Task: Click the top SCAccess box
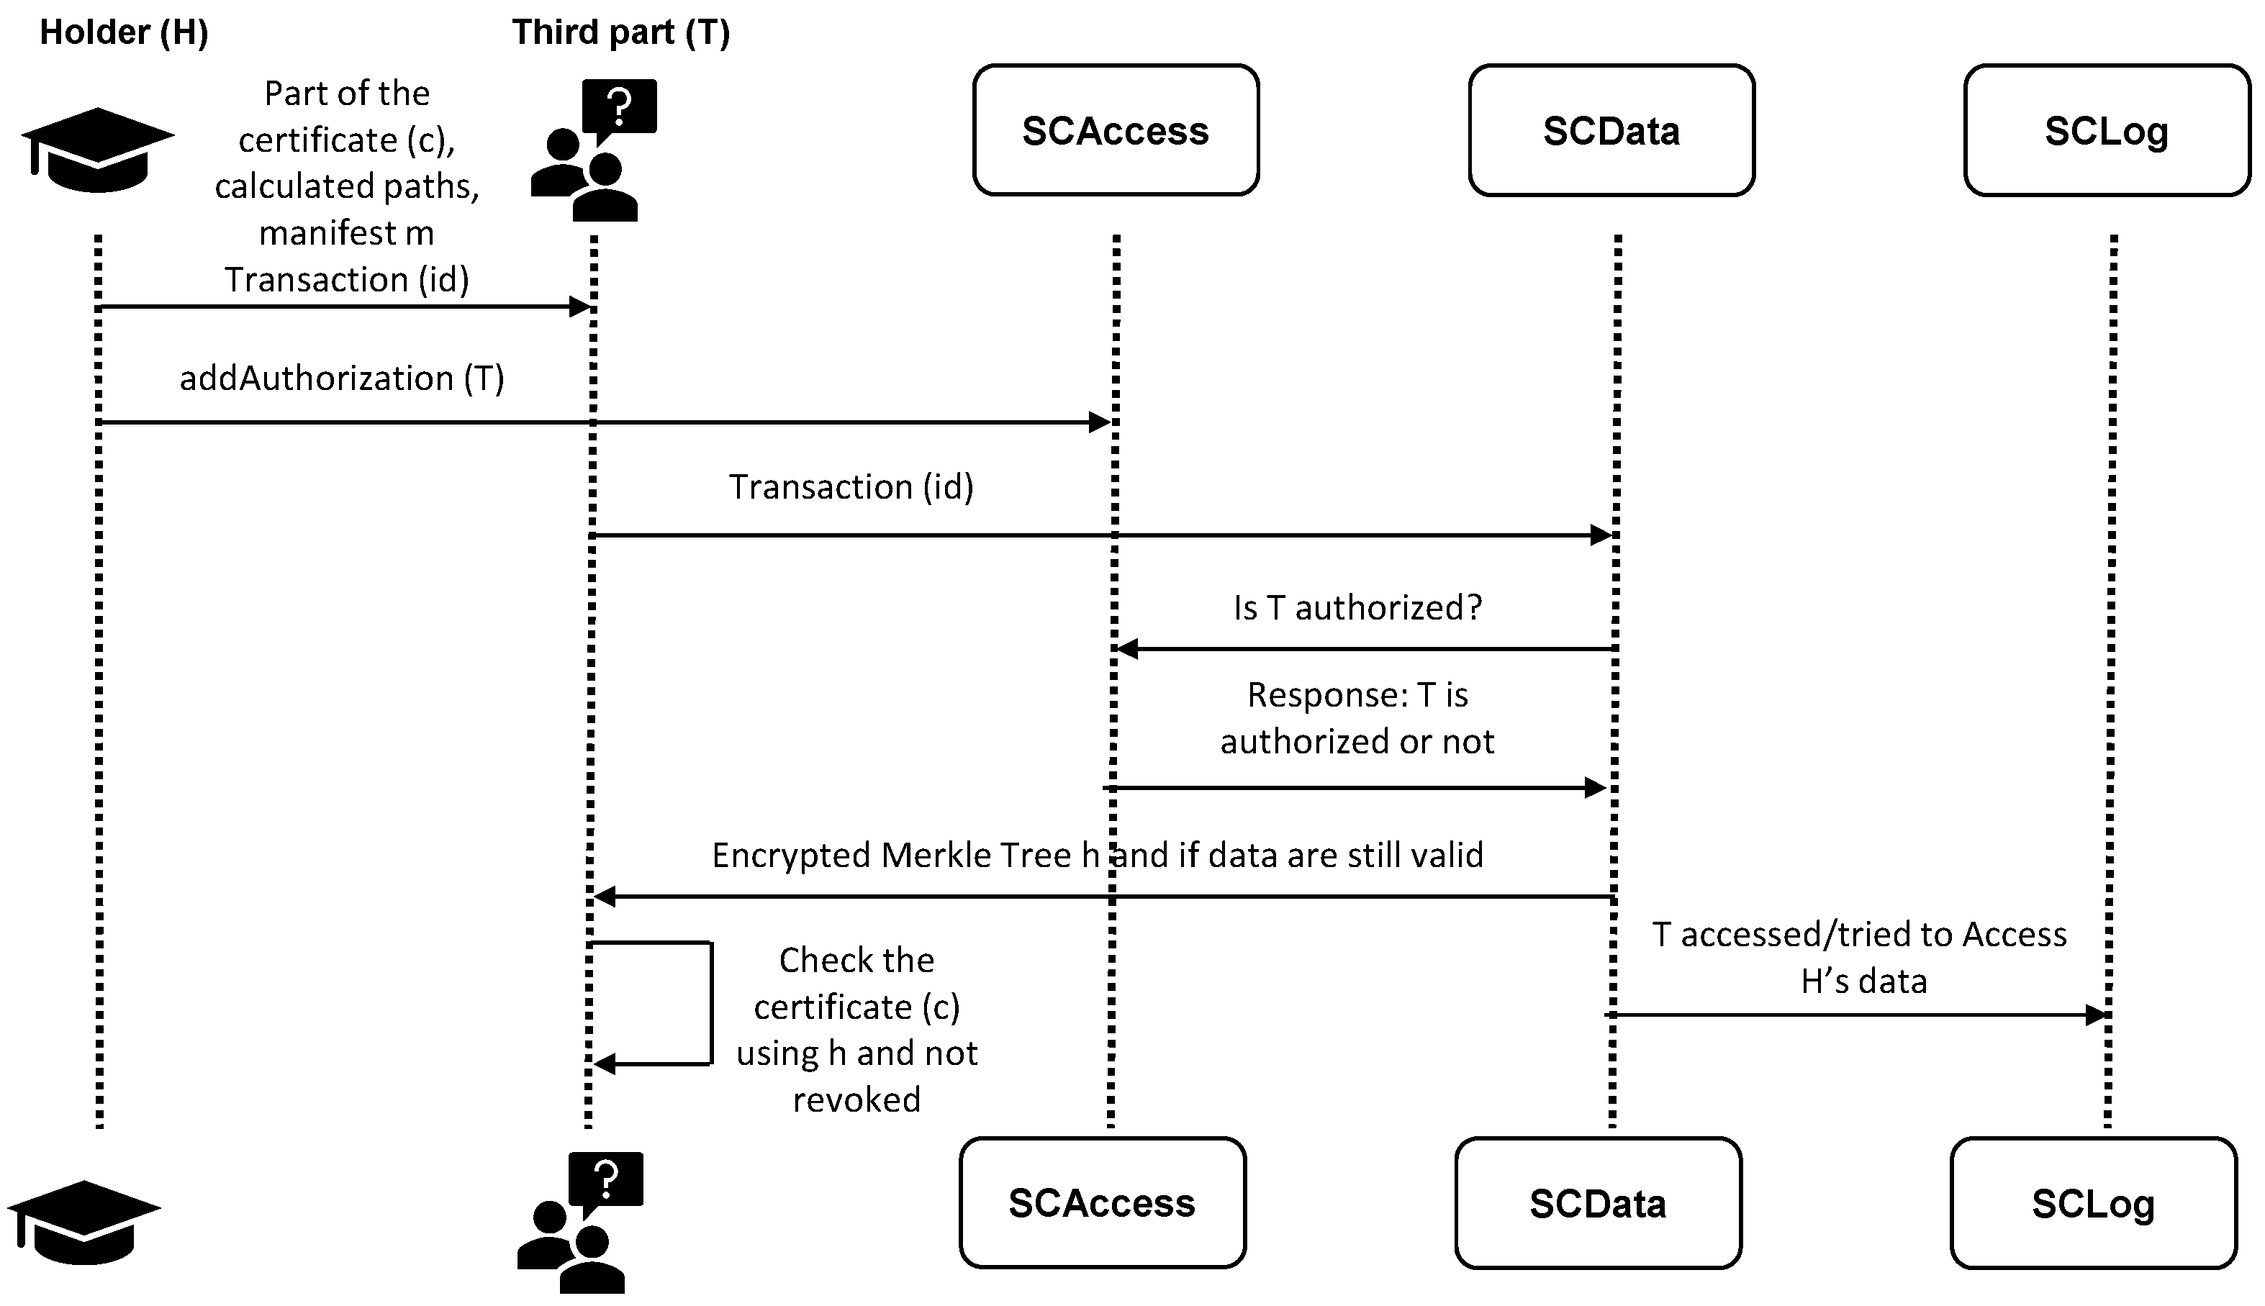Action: [1115, 130]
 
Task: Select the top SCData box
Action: [1611, 130]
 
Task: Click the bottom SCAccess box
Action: [1102, 1203]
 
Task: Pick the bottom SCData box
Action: [1598, 1203]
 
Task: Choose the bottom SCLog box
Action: [2093, 1203]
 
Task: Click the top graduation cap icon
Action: [97, 150]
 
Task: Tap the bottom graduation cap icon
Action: [83, 1222]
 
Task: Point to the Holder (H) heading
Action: [124, 32]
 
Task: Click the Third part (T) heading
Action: [620, 32]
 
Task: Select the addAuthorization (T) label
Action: [342, 378]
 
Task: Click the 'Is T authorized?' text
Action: [1357, 608]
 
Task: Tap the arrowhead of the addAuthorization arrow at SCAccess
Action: [1100, 422]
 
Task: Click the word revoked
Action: [856, 1099]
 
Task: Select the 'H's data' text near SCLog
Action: [1864, 981]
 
